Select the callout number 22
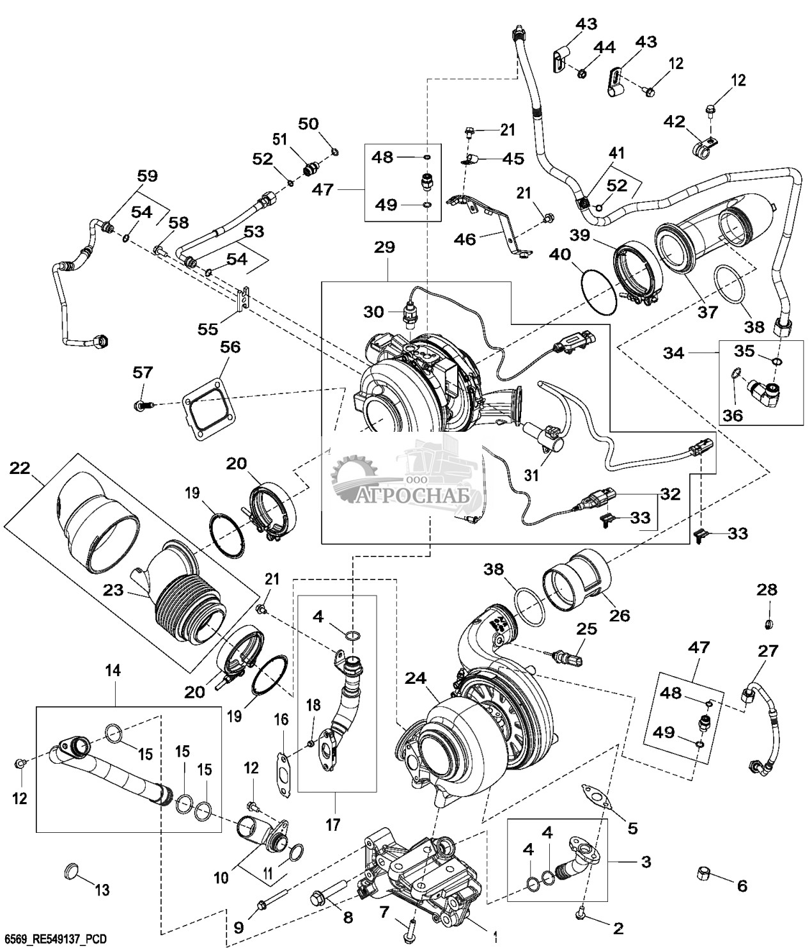tap(19, 468)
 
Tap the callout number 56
tap(230, 346)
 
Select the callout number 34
tap(674, 352)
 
